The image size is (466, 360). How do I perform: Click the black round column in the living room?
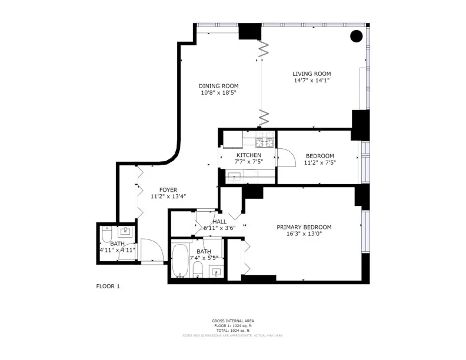click(x=357, y=36)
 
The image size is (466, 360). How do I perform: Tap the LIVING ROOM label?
click(x=311, y=74)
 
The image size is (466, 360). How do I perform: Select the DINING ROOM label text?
click(x=218, y=86)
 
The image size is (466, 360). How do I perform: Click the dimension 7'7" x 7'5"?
click(x=249, y=162)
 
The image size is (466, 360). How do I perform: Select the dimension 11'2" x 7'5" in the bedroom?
click(x=319, y=162)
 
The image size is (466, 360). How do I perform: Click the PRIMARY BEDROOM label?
click(x=304, y=227)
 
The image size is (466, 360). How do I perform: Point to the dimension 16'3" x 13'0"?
click(x=304, y=234)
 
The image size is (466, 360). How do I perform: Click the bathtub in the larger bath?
click(x=179, y=261)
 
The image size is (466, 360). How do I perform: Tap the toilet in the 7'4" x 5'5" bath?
click(x=198, y=270)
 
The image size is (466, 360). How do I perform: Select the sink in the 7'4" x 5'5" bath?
click(x=216, y=272)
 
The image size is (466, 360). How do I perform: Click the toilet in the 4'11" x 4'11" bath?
click(x=106, y=235)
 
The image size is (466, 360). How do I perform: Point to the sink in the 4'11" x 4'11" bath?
click(x=125, y=231)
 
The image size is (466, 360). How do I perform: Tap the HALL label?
click(x=219, y=222)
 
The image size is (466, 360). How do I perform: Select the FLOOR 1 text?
click(x=108, y=286)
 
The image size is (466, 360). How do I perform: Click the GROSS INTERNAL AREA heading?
click(x=233, y=321)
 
